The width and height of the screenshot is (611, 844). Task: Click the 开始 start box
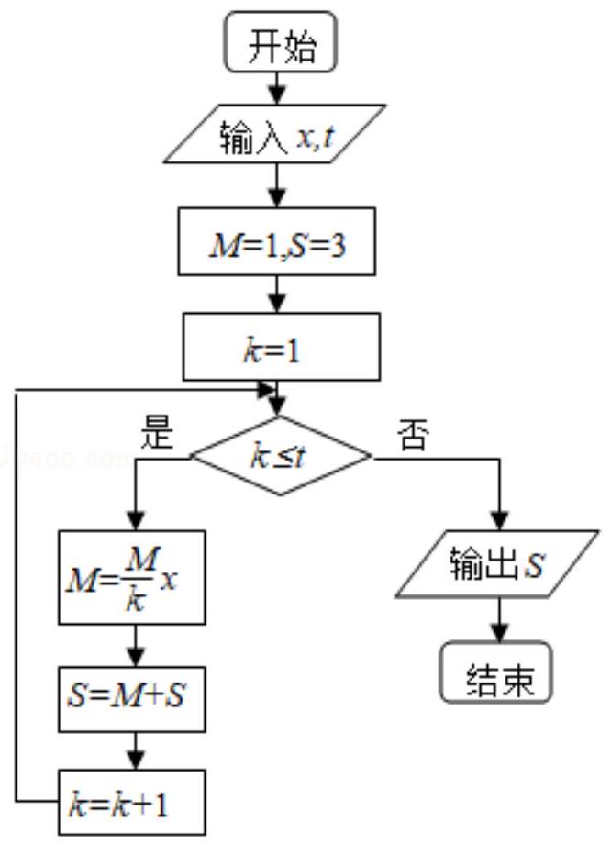coord(281,42)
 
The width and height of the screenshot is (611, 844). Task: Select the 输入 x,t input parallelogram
coord(274,134)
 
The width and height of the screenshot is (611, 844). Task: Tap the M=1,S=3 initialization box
coord(277,241)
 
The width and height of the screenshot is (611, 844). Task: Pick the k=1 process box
coord(282,347)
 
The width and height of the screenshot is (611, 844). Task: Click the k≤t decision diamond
coord(281,456)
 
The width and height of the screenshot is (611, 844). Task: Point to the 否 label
coord(414,434)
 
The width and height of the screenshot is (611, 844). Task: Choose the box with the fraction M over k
coord(132,578)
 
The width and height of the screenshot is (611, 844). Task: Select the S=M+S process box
coord(132,699)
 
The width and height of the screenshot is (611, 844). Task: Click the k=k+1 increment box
coord(132,803)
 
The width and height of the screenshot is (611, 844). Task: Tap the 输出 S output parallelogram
coord(497,564)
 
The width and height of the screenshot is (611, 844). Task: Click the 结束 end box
coord(496,672)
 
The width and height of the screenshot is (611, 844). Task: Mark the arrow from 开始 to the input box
coord(277,88)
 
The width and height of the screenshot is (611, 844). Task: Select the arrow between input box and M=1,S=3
coord(277,185)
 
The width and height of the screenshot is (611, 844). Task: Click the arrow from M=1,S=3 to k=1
coord(277,294)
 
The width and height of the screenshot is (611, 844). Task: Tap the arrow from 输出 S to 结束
coord(500,619)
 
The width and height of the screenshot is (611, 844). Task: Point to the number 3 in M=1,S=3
coord(337,246)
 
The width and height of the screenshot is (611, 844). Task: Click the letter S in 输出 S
coord(534,565)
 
